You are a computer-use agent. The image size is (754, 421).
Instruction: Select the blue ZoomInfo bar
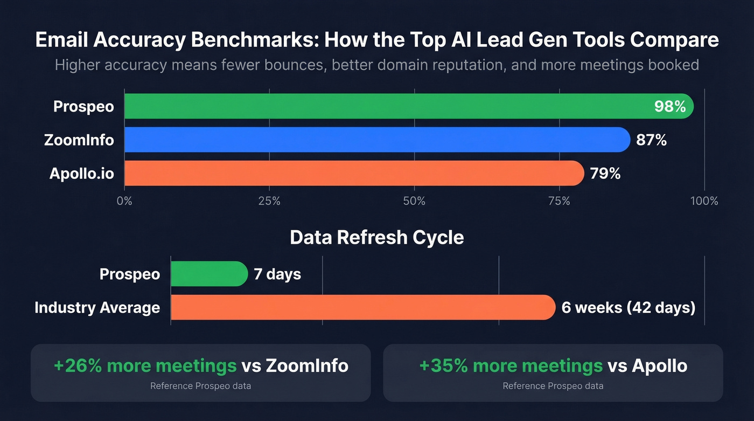point(377,140)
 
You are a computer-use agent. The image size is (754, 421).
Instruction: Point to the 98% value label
point(669,106)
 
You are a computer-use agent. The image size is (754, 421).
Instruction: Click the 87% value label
point(651,140)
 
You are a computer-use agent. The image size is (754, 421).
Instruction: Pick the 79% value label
point(605,174)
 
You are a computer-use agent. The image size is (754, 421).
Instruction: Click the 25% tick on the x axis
point(269,201)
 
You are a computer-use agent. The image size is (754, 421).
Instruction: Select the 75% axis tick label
point(559,201)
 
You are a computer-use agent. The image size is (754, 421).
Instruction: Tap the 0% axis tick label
point(124,201)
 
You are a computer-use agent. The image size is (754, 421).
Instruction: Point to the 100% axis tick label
point(704,201)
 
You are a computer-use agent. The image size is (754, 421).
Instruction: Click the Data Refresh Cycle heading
point(376,238)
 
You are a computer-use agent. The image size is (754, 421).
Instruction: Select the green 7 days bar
point(209,274)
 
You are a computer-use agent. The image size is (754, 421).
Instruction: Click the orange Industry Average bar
point(362,307)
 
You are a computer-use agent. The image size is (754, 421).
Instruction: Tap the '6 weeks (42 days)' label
point(628,307)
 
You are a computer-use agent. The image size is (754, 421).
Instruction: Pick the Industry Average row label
point(97,307)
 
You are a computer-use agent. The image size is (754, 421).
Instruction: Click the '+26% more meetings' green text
point(145,365)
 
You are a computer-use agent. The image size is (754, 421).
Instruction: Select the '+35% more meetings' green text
point(511,365)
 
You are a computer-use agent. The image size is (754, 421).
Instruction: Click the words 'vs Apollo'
point(647,365)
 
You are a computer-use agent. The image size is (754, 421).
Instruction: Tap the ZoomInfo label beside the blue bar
point(79,140)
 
